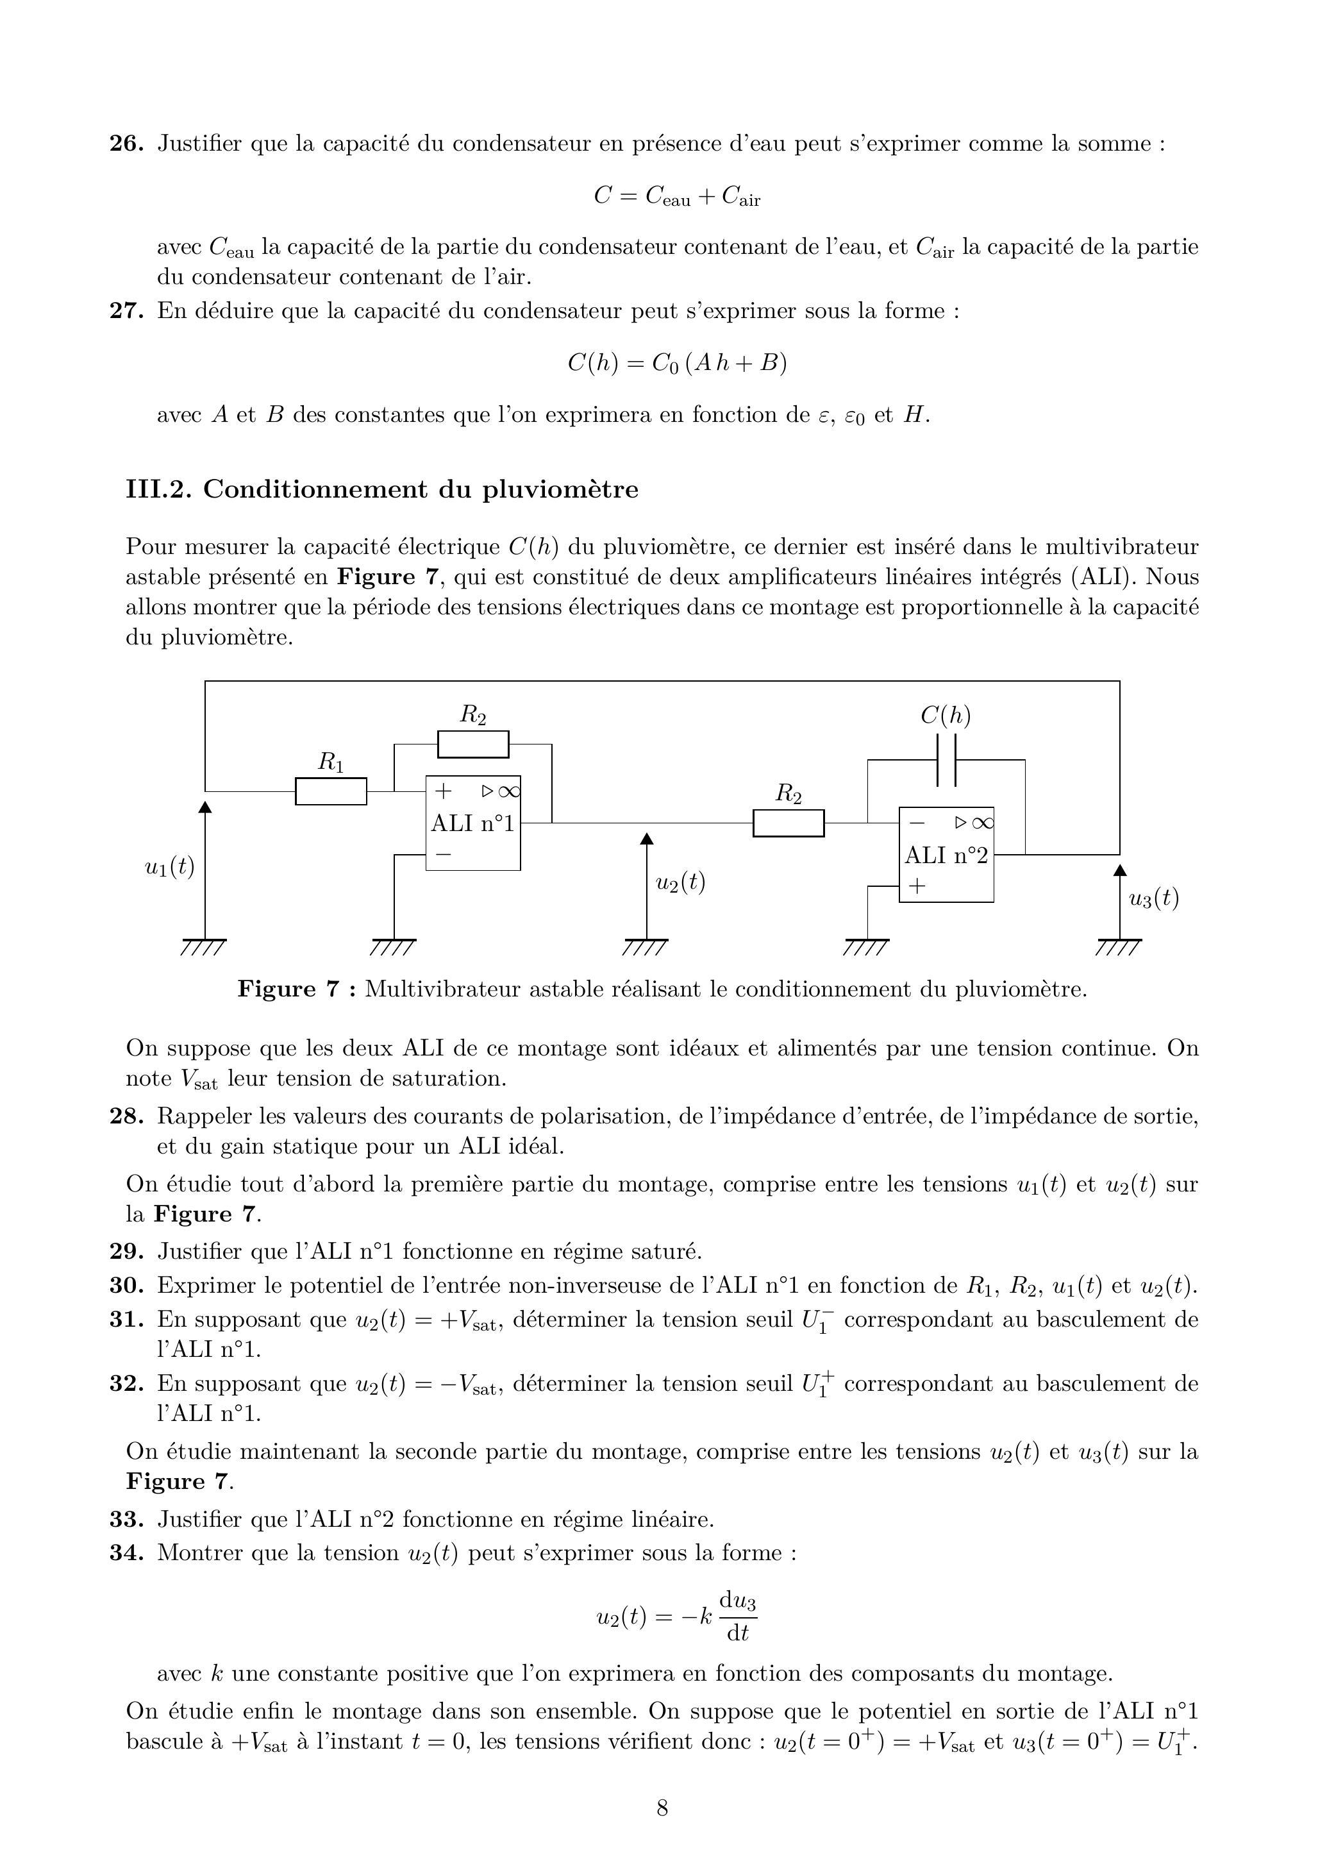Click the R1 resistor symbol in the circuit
[331, 791]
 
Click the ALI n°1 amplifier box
[473, 823]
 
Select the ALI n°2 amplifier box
[946, 855]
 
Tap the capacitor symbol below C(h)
[946, 760]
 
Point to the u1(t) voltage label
[170, 867]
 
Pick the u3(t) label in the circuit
[1154, 899]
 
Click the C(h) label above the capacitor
[946, 716]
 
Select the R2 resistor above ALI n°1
[473, 744]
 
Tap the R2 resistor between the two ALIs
[789, 823]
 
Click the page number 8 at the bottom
[663, 1808]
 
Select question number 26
[127, 144]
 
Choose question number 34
[127, 1552]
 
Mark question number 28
[127, 1116]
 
